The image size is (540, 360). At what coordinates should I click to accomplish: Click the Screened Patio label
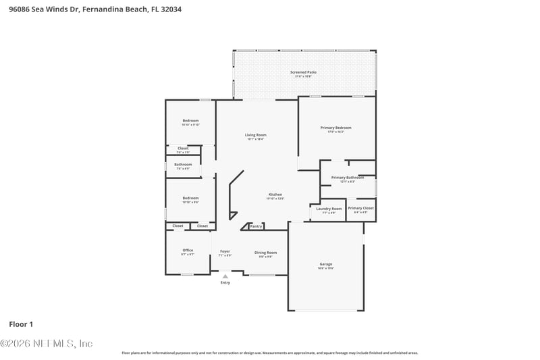point(303,72)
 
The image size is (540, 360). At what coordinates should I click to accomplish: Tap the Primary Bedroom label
point(335,128)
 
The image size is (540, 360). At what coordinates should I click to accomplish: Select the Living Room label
point(255,135)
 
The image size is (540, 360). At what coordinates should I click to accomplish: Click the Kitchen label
point(275,195)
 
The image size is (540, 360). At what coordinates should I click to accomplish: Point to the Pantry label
point(256,226)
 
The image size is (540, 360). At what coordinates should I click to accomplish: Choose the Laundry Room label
point(329,209)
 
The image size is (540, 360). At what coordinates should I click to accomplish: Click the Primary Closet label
point(360,209)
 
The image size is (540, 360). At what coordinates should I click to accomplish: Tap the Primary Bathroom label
point(347,178)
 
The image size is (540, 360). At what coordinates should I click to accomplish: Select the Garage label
point(326,264)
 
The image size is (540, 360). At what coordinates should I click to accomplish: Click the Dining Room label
point(265,253)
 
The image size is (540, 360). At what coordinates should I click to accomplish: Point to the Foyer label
point(225,251)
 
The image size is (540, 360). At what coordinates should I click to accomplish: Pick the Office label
point(188,251)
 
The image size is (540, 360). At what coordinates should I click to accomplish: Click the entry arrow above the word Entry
point(225,276)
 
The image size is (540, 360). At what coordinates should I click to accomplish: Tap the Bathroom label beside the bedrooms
point(183,164)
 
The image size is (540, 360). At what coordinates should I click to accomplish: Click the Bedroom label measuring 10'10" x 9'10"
point(190,121)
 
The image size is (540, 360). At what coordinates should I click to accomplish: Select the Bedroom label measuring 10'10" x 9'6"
point(190,198)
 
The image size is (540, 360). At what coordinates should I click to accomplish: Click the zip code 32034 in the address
point(171,9)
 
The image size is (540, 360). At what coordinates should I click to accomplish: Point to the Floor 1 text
point(21,324)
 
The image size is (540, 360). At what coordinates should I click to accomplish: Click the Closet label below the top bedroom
point(183,149)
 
